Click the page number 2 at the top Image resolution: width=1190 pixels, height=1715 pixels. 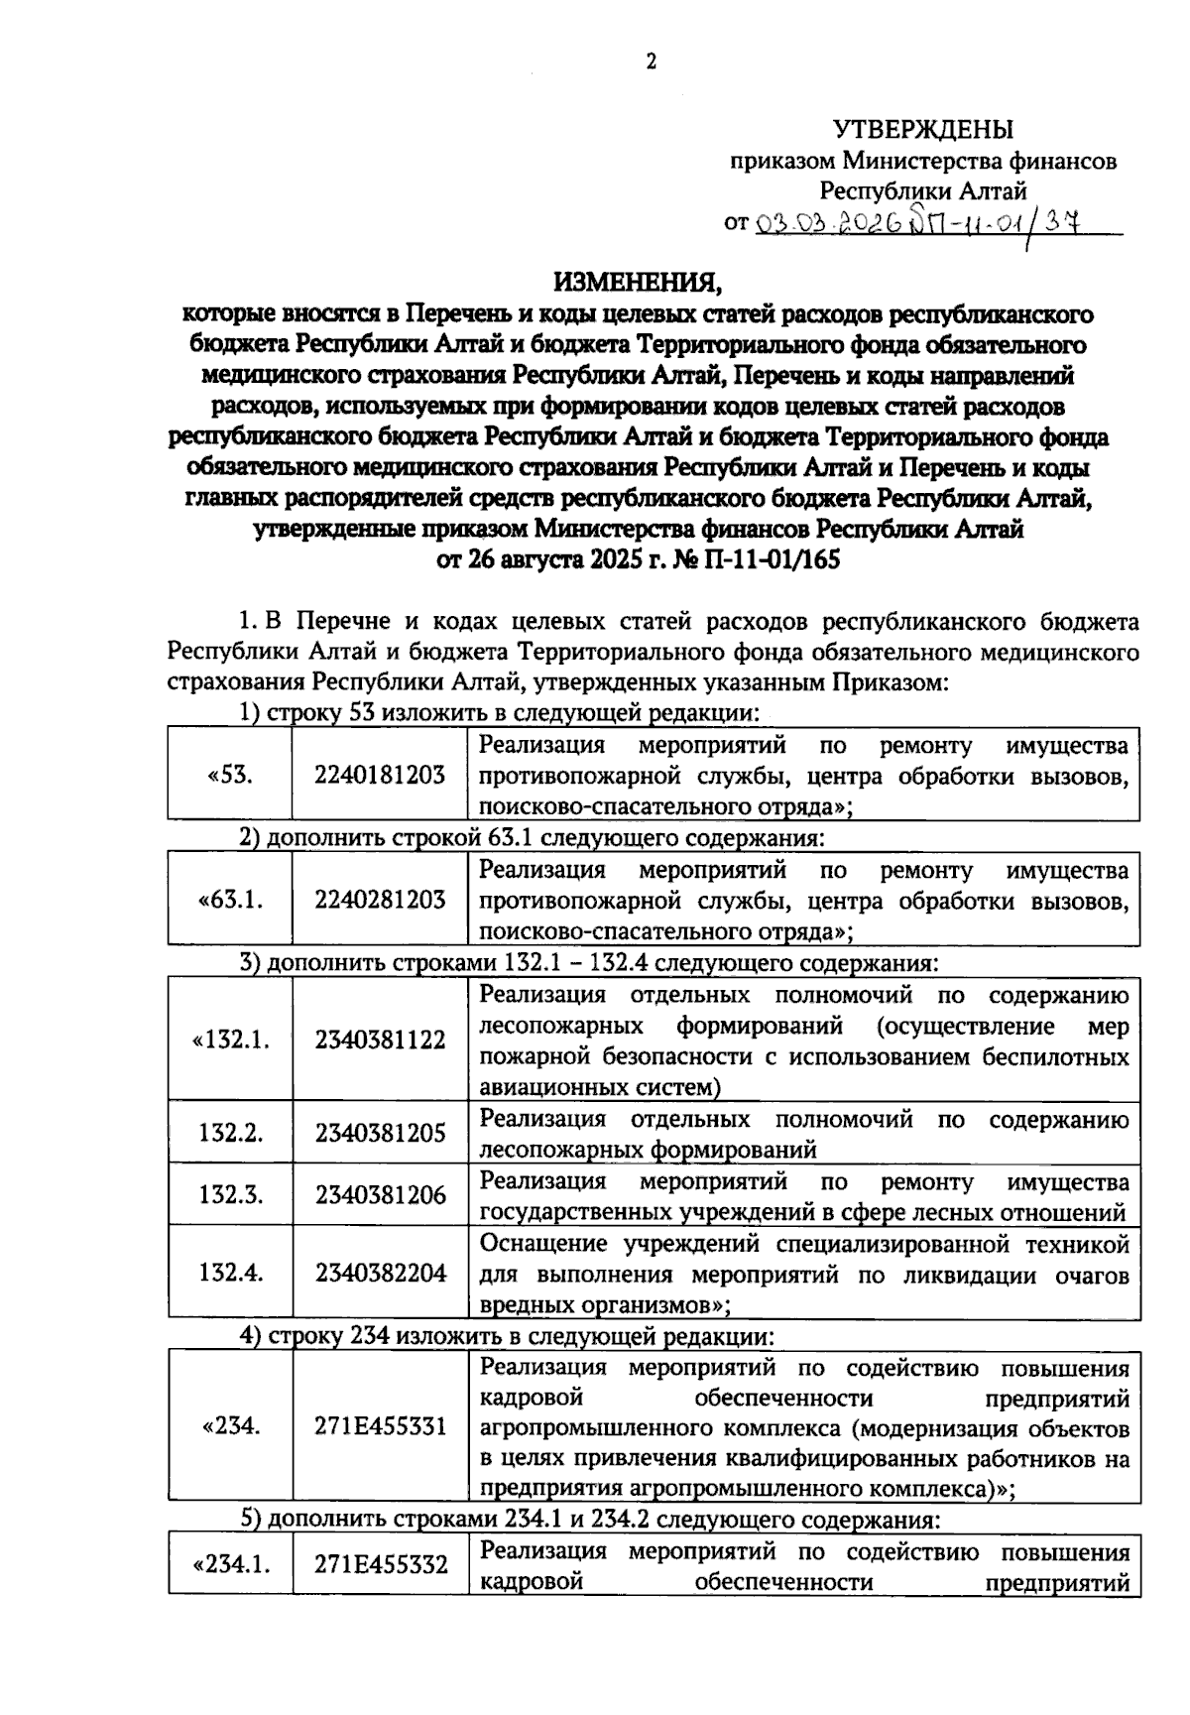coord(651,62)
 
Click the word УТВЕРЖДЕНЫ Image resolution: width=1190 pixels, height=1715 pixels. coord(922,129)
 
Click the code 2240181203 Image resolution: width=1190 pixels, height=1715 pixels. coord(380,776)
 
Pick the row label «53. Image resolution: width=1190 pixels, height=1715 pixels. coord(230,776)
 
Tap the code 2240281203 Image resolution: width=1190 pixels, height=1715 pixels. coord(380,900)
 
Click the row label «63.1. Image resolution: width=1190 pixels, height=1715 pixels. coord(230,900)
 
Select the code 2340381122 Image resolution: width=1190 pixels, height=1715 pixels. coord(380,1040)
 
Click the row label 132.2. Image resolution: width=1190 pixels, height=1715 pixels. coord(230,1133)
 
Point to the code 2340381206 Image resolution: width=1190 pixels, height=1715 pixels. coord(380,1195)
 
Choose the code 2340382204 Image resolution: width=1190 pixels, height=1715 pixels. coord(380,1273)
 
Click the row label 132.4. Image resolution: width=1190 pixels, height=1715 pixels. coord(230,1273)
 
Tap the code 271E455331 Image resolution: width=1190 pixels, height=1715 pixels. coord(380,1426)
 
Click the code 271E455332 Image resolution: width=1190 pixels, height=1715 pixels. coord(380,1564)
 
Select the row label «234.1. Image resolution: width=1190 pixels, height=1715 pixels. coord(230,1564)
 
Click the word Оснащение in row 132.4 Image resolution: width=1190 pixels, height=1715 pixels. coord(543,1243)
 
